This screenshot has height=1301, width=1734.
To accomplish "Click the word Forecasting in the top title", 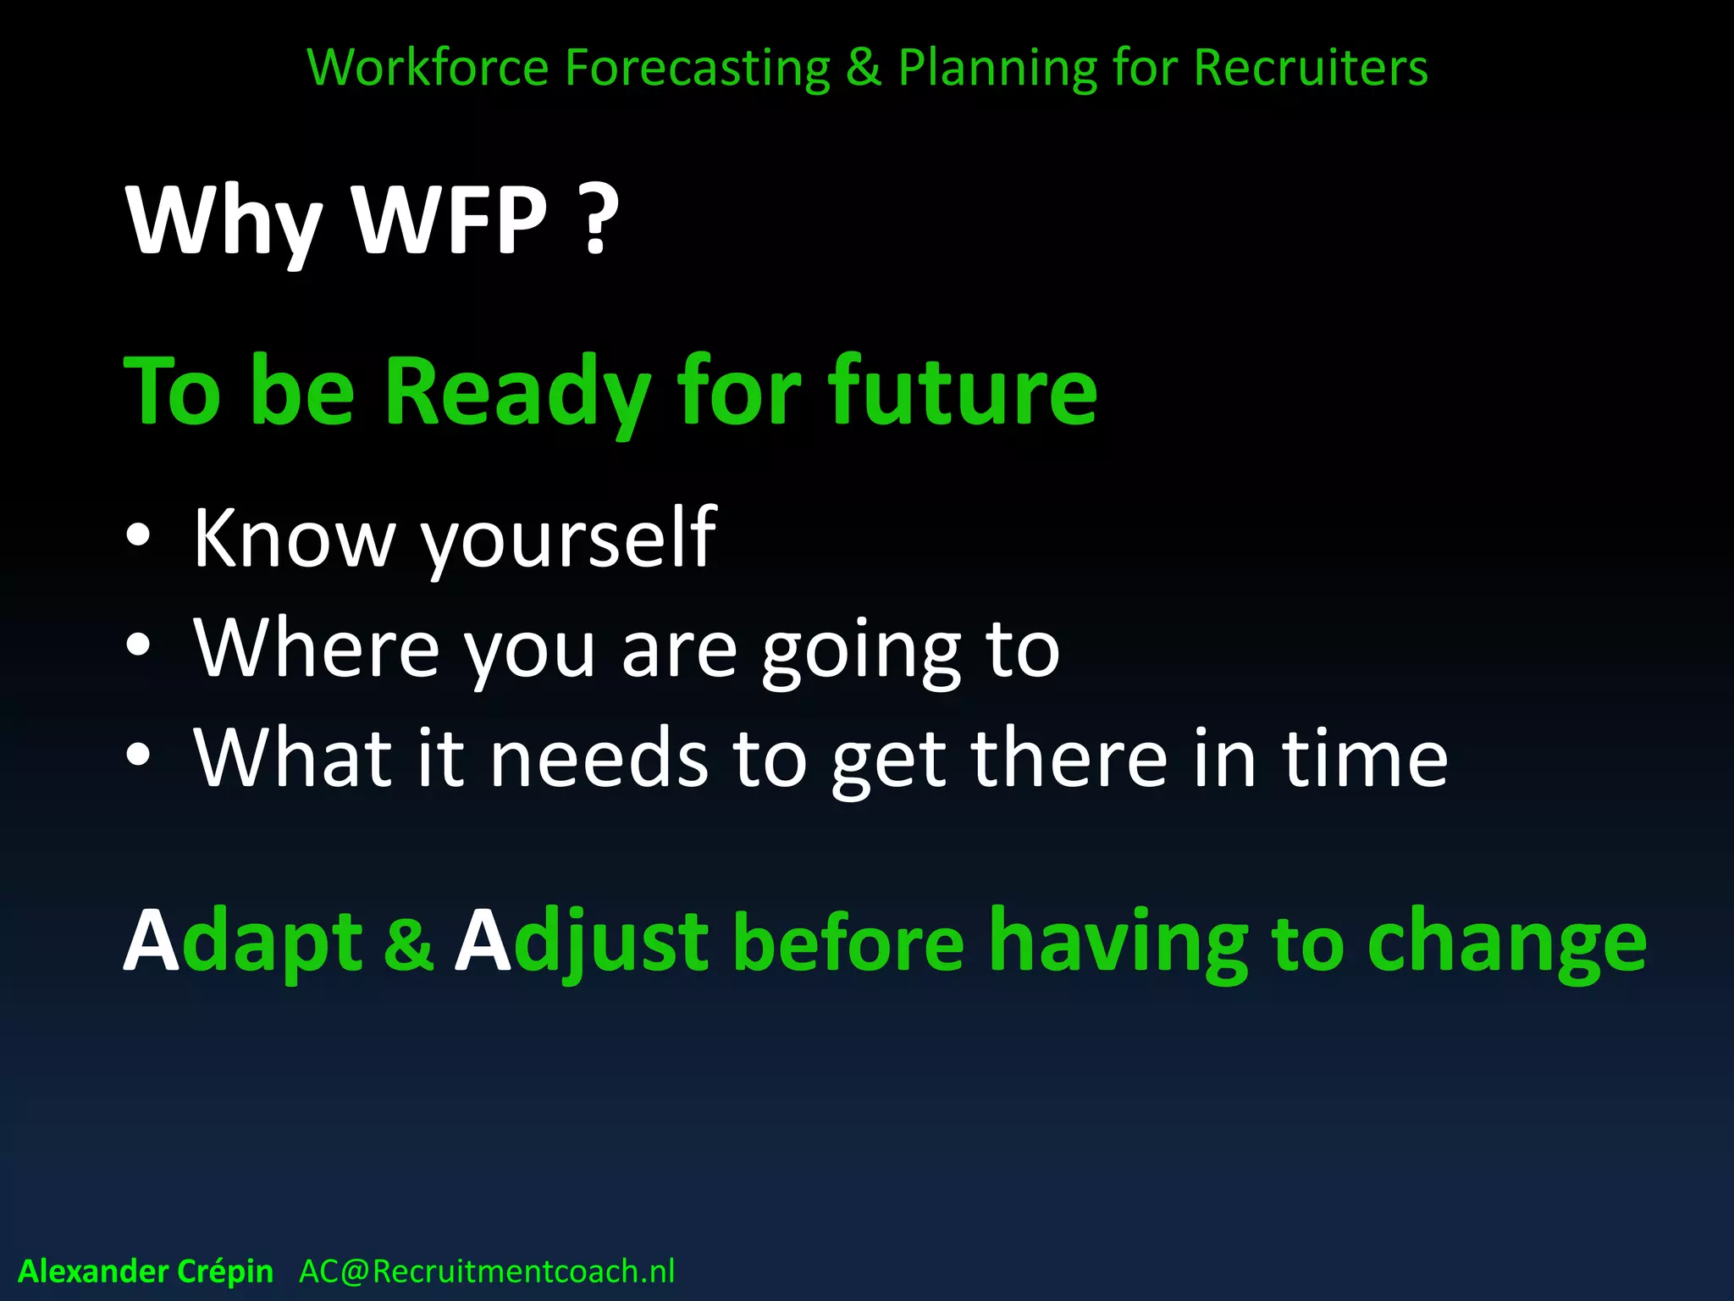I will pos(697,68).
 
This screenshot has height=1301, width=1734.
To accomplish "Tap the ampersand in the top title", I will pos(863,68).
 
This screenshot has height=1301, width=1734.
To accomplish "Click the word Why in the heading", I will pos(224,222).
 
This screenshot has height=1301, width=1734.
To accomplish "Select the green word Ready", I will pos(517,392).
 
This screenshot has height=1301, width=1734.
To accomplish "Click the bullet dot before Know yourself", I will pos(138,537).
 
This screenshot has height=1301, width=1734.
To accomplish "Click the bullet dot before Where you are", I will pos(138,647).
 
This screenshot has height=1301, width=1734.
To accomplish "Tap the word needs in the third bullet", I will pos(599,758).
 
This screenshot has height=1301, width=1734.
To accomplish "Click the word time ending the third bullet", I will pos(1364,758).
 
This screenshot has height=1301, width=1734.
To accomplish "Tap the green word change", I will pos(1506,944).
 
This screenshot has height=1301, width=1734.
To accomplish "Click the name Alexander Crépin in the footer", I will pos(146,1271).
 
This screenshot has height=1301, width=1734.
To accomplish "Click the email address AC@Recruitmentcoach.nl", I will pos(487,1271).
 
